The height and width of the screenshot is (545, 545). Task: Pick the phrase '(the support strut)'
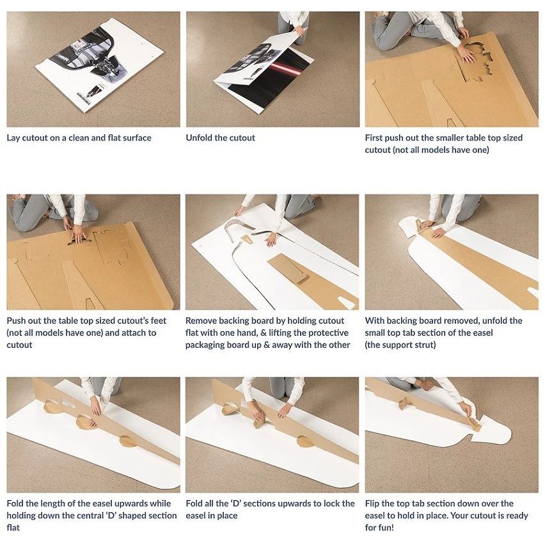[x=400, y=345]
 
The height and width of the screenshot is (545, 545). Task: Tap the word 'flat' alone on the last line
[x=13, y=528]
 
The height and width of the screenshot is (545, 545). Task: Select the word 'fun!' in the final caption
[x=386, y=528]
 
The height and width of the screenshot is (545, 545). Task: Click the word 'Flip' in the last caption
[x=372, y=503]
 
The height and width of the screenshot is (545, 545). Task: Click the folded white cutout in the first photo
[x=99, y=65]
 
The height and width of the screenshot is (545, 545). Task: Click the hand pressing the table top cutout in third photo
[x=466, y=54]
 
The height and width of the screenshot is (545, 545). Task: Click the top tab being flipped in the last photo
[x=474, y=425]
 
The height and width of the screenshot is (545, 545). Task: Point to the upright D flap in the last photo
[x=404, y=403]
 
